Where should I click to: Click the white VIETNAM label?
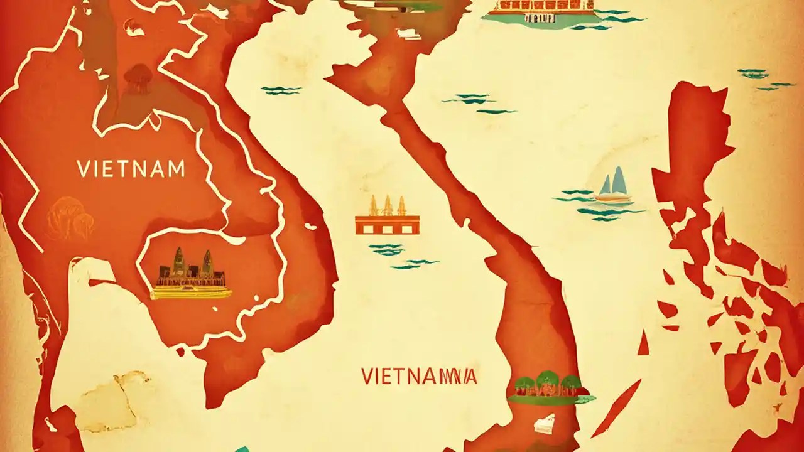pos(131,169)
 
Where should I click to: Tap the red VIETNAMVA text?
pos(419,376)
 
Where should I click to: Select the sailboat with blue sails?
pos(613,186)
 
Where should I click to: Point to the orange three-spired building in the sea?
pos(387,217)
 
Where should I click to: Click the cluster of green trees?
pos(550,385)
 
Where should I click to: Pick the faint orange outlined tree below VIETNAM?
pos(70,217)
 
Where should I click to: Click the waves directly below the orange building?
pos(387,249)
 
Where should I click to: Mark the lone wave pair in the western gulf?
pos(281,90)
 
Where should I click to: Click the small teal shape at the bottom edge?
pos(242,448)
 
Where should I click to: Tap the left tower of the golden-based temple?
pos(178,262)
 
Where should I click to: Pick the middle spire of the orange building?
pos(387,205)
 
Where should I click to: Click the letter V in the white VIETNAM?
pos(83,169)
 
